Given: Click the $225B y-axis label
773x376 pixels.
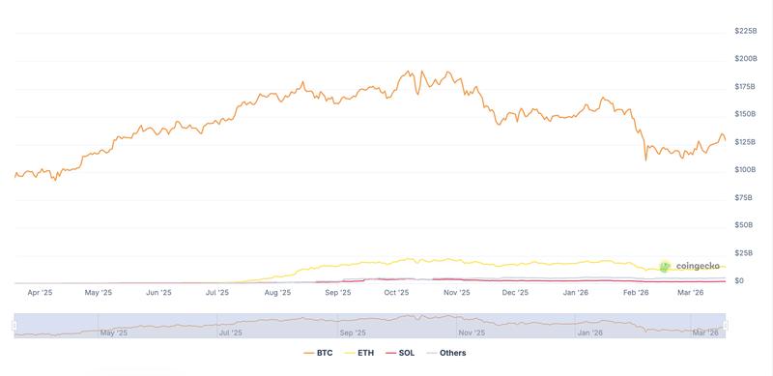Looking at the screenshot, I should point(745,31).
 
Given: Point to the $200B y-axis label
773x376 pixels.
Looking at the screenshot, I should point(745,59).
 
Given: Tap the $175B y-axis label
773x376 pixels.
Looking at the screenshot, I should point(745,87).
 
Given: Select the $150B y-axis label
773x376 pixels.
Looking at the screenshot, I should point(745,114).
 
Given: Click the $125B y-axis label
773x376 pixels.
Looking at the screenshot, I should point(745,142).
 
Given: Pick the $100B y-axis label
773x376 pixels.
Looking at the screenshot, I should point(745,170).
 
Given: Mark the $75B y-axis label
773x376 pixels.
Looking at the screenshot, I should point(743,197).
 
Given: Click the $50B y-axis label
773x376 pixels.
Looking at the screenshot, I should point(743,225).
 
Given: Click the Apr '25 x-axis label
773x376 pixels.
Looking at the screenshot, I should point(40,292).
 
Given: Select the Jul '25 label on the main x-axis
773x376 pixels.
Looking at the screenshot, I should point(216,292).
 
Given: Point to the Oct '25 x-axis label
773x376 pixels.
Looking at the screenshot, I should point(396,292).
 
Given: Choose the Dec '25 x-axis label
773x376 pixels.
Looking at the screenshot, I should point(516,292).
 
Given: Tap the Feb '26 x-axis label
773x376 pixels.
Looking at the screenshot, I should point(636,292).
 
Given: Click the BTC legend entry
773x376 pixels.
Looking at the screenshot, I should point(318,353).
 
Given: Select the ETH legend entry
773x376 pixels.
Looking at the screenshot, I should point(358,353).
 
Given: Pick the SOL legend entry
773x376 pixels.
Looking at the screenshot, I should point(399,353).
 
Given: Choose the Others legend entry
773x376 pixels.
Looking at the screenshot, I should point(446,353).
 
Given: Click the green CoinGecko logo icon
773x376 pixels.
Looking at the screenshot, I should point(665,266).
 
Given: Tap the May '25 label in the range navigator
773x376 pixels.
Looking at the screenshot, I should point(114,333).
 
